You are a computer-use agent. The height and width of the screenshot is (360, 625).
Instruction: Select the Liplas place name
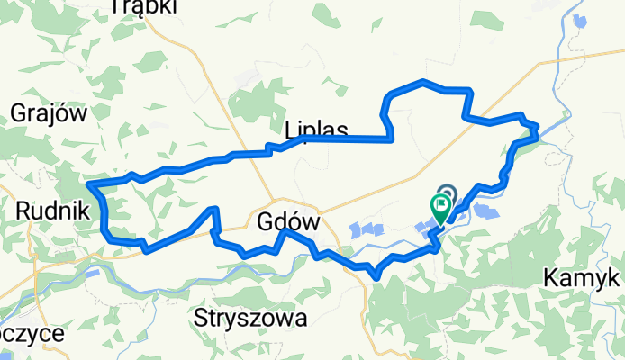point(315,129)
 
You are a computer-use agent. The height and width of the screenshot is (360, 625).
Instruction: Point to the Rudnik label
point(51,210)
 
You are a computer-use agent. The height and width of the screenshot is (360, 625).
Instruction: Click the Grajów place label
point(48,112)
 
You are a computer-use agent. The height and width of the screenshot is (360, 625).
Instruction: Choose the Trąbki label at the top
point(142,7)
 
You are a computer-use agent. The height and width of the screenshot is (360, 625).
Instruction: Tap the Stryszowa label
point(250,318)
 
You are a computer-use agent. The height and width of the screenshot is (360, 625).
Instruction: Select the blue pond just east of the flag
point(486,213)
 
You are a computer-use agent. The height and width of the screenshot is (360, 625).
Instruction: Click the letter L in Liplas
point(290,129)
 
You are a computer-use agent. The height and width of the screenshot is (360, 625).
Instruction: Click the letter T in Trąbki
point(115,7)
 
